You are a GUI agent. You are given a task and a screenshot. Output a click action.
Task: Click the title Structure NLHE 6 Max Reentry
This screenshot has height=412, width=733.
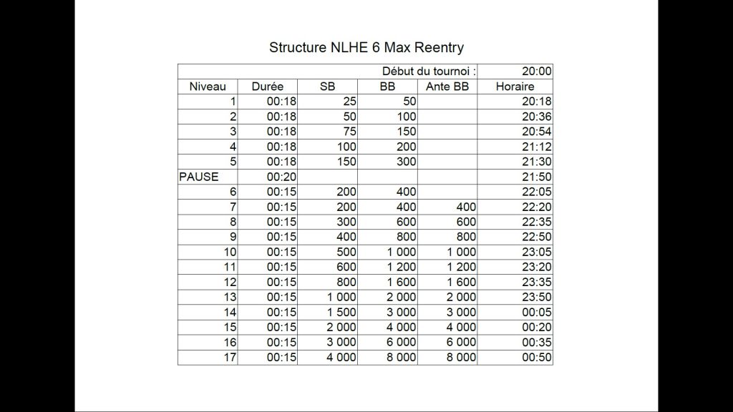pos(366,48)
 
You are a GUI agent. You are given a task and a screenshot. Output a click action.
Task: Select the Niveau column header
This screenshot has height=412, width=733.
pos(208,87)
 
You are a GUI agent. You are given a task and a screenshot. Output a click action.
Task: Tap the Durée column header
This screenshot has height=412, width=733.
pos(268,87)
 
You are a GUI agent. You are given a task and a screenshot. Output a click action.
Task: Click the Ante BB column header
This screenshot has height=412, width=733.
pos(447,87)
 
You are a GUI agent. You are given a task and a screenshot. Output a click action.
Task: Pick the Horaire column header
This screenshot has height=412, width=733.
pos(515,87)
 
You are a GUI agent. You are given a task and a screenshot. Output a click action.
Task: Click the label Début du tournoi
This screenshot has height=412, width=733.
pos(429,72)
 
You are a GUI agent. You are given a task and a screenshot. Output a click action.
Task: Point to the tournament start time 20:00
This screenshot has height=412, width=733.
pos(537,72)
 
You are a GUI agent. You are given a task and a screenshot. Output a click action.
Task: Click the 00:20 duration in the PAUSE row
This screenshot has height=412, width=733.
pos(281,177)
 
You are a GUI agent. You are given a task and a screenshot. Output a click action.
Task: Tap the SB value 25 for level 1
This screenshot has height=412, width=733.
pos(349,102)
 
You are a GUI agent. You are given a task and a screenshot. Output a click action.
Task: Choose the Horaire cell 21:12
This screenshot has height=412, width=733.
pos(537,147)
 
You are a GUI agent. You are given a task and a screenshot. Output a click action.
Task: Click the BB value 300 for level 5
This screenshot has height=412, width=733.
pos(406,162)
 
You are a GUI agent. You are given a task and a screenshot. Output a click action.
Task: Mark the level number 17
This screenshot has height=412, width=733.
pos(230,357)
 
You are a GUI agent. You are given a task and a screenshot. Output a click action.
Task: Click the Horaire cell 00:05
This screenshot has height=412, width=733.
pos(537,312)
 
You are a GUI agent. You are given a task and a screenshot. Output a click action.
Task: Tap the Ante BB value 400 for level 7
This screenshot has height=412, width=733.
pos(465,207)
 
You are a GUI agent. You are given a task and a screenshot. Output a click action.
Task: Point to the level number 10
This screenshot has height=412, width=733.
pos(230,252)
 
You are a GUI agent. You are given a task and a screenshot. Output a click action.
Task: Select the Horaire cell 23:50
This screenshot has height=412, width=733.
pos(537,297)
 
